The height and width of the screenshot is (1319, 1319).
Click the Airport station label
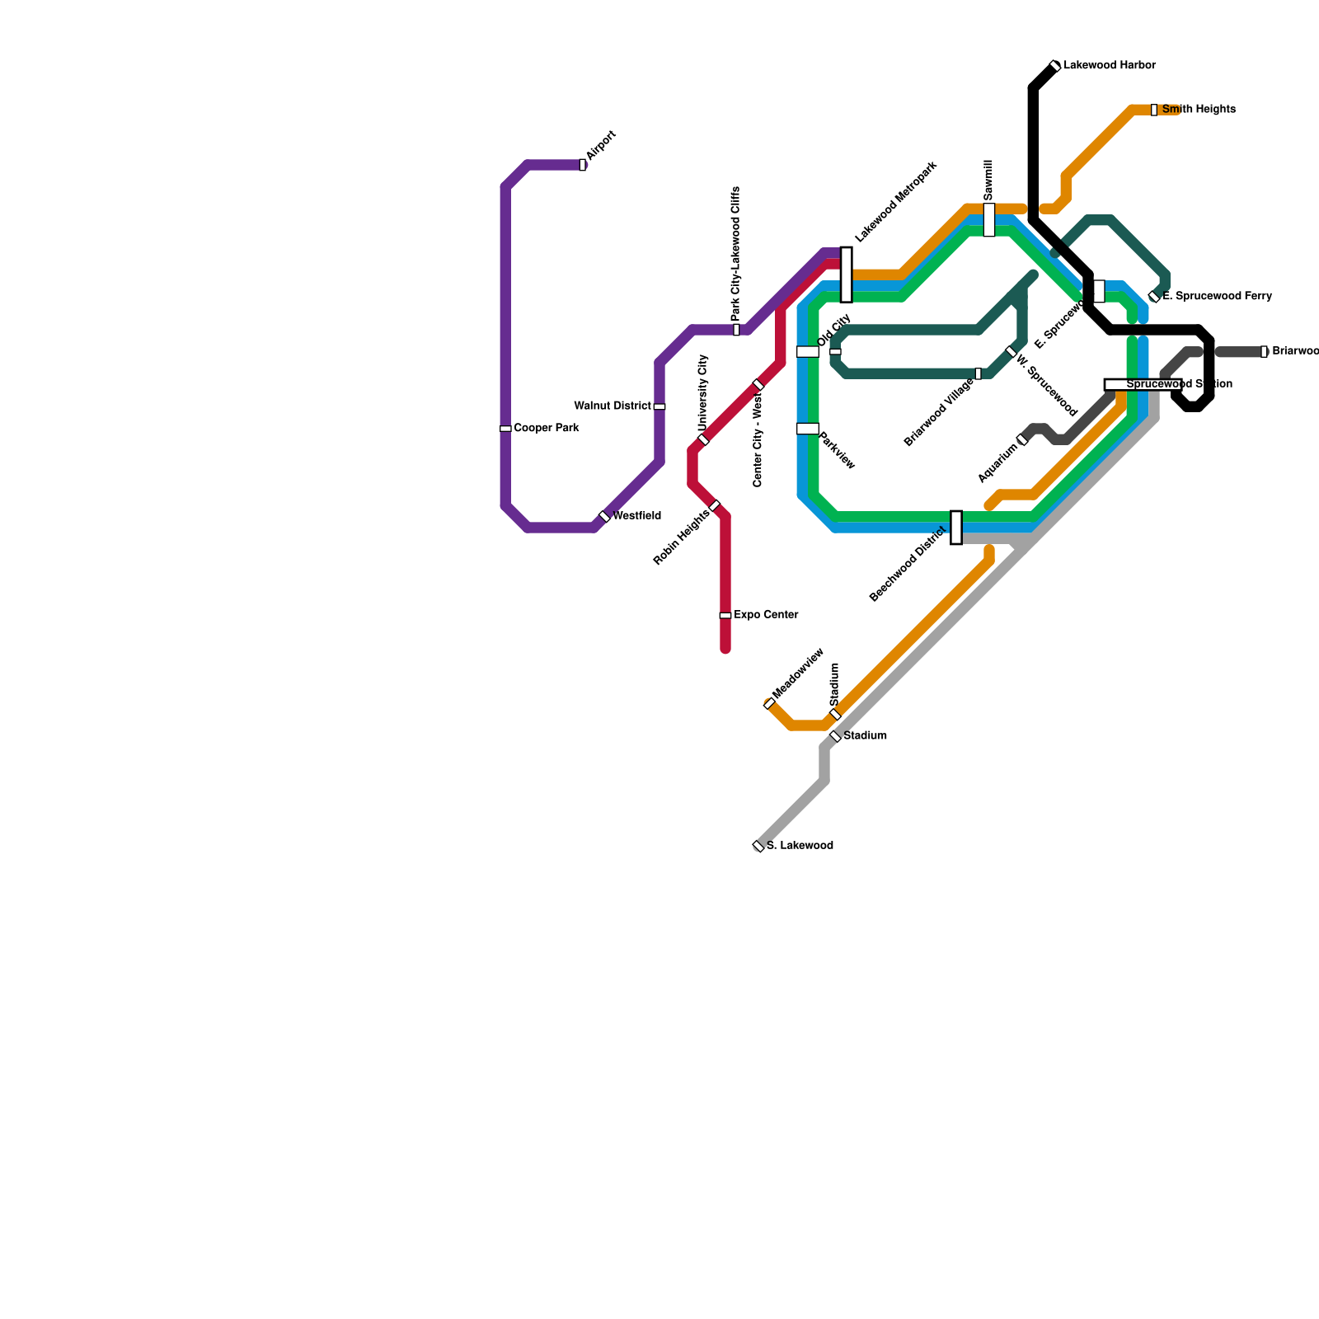click(x=602, y=146)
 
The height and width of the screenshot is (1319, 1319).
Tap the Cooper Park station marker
click(x=505, y=429)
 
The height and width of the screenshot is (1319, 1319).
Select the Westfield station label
click(x=636, y=516)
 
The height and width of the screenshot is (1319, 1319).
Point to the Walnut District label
click(x=613, y=406)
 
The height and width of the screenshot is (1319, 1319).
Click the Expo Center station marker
click(x=725, y=615)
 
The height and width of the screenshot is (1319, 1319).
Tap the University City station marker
click(x=703, y=439)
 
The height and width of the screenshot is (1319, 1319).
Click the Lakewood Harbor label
click(x=1110, y=65)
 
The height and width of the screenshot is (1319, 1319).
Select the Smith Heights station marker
click(x=1154, y=110)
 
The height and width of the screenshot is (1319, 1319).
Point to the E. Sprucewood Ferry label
click(x=1218, y=296)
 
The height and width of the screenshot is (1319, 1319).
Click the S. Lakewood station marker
click(x=758, y=846)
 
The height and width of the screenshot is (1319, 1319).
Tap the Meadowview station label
click(x=797, y=674)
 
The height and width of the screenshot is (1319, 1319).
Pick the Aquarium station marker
click(x=1022, y=439)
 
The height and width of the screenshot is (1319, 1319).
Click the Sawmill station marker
click(x=989, y=219)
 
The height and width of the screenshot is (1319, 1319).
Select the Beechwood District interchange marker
click(x=956, y=528)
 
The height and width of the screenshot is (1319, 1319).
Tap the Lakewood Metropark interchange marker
click(x=846, y=275)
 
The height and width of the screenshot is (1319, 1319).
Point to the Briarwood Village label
click(x=939, y=412)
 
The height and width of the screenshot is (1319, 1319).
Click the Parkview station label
click(x=837, y=450)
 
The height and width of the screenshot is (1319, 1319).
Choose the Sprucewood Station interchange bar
click(x=1143, y=384)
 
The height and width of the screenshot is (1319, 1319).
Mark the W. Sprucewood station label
click(x=1046, y=385)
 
